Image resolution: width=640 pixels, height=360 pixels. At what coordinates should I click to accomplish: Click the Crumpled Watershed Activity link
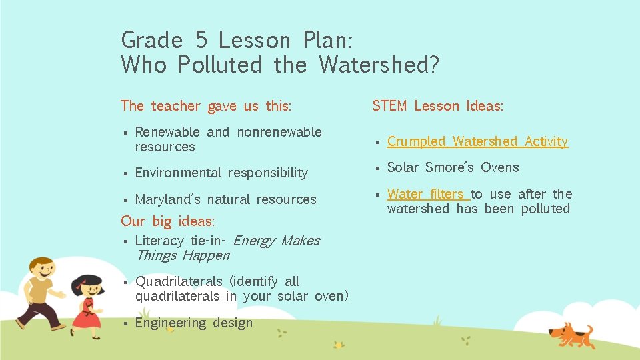477,141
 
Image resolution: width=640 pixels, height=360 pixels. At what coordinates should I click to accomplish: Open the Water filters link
428,194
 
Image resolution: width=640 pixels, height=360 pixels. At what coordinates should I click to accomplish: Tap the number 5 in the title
201,41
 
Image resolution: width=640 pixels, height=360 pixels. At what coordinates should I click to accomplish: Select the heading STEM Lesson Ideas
437,106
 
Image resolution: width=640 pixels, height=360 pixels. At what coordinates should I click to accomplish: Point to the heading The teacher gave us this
206,106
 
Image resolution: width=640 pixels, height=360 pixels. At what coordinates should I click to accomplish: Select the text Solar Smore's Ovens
453,167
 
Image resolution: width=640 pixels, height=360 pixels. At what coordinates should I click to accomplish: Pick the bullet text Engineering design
194,323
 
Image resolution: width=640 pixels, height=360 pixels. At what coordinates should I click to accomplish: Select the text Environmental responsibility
221,173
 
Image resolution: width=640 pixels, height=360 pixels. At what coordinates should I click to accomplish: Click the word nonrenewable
279,132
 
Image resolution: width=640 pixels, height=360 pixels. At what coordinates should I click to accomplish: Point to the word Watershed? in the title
379,65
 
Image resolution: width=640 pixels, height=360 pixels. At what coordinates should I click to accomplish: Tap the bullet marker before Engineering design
125,324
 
